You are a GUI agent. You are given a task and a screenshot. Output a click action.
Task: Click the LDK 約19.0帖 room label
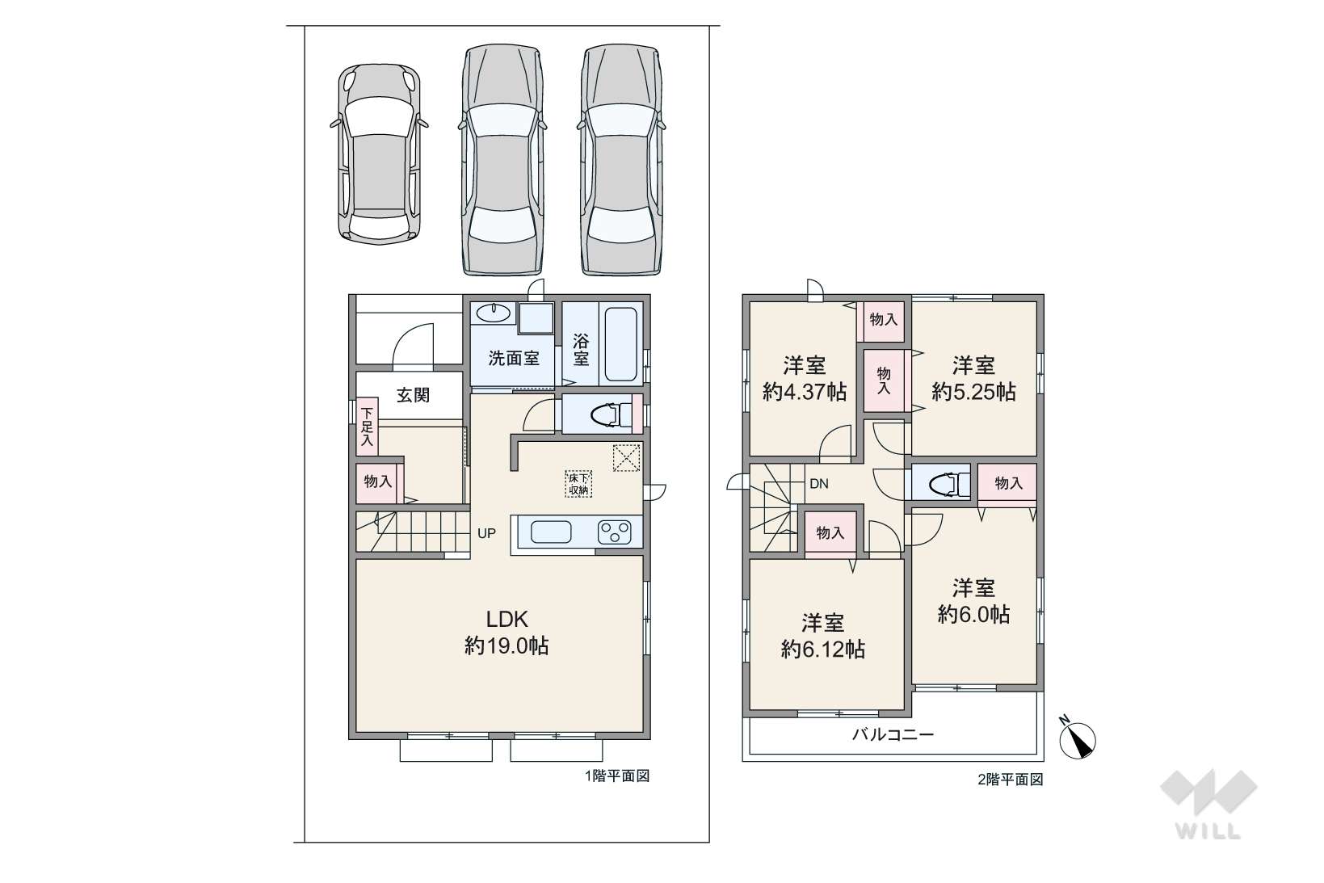506,633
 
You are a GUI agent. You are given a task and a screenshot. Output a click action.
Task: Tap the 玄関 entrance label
413,395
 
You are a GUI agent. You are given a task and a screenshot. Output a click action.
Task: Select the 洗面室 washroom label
513,358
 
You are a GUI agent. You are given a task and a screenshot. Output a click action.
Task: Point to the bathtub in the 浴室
620,345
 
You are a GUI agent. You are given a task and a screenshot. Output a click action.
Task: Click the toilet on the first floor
612,414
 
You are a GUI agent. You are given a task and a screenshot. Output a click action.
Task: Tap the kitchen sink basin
551,532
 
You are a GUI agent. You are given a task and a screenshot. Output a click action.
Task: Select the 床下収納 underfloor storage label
578,483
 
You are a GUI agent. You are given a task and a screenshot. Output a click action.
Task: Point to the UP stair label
486,533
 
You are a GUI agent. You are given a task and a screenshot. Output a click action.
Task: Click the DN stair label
818,484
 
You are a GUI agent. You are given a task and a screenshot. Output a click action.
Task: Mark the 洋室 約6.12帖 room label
823,636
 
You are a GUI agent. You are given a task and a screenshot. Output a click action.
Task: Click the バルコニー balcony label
893,734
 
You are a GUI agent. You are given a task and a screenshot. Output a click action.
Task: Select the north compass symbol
1077,738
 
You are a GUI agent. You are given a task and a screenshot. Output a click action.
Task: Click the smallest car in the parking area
379,155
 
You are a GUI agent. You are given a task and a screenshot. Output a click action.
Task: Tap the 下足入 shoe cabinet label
367,427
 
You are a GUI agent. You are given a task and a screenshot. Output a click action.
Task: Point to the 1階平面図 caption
617,776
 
